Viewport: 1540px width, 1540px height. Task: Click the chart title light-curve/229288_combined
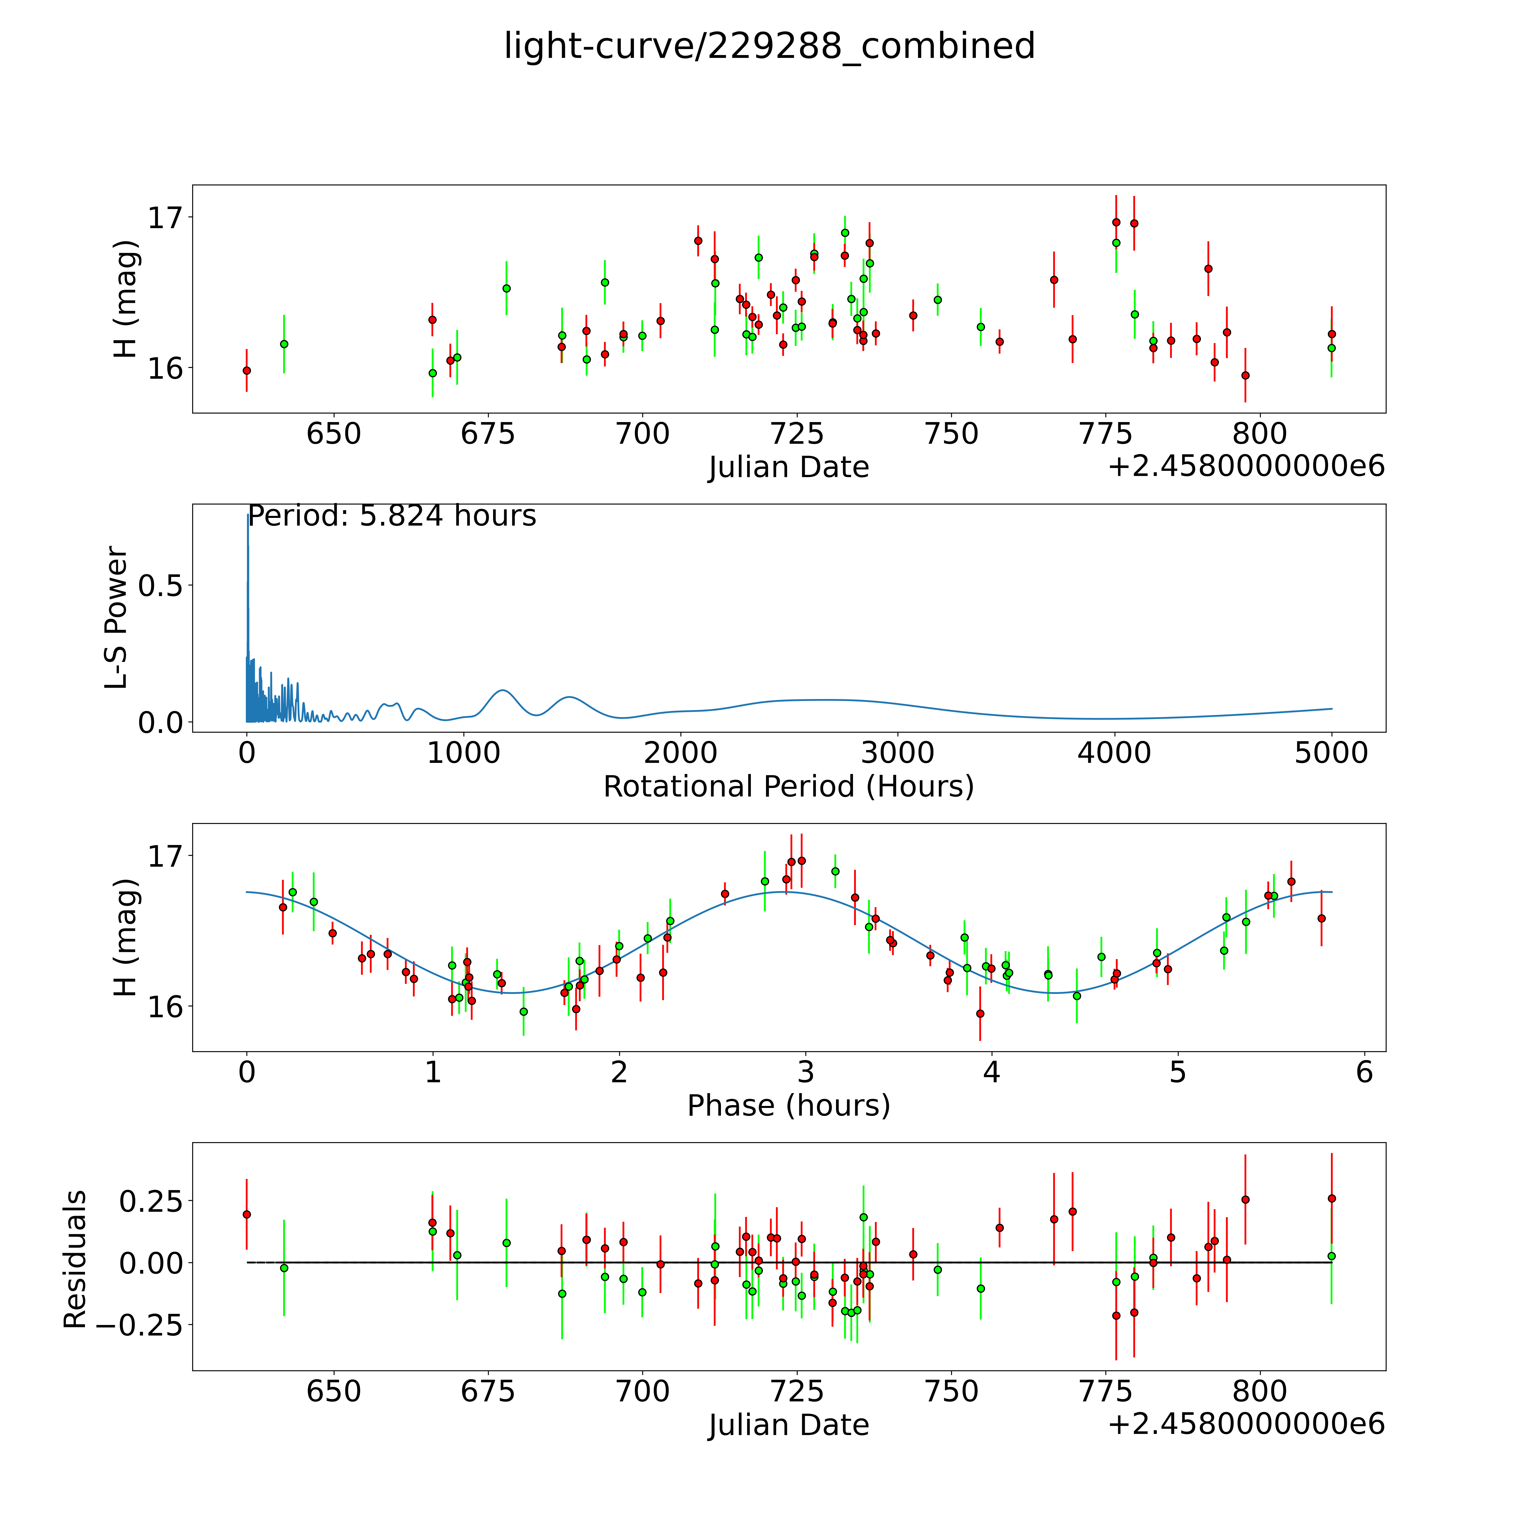point(769,46)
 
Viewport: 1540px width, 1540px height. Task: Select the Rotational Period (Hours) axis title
point(788,787)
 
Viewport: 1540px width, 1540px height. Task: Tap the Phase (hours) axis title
point(788,1106)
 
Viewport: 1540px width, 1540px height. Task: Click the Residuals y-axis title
point(75,1260)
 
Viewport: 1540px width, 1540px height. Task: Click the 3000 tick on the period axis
point(897,753)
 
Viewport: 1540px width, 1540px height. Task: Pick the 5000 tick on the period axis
point(1331,753)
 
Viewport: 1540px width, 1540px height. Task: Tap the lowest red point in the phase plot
point(980,1014)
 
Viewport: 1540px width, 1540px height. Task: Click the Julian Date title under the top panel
point(788,467)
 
